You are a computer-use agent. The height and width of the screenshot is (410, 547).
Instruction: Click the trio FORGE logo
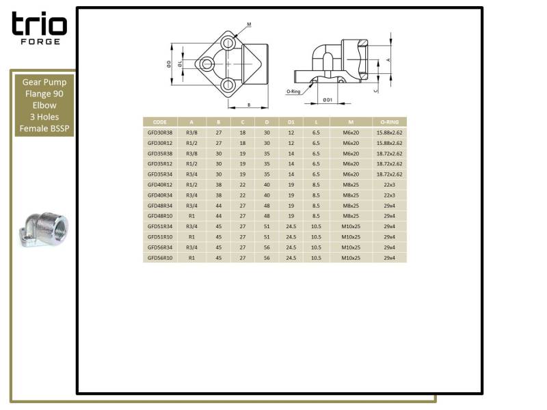pos(40,28)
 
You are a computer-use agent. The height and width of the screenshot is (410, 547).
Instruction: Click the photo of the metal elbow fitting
pos(44,230)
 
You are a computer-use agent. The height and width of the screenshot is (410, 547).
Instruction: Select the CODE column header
pos(160,122)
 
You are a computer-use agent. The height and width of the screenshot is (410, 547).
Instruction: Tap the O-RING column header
pos(389,122)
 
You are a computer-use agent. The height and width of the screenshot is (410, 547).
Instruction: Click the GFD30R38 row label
pos(160,133)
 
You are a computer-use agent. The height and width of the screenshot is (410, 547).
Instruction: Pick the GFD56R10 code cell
pos(160,258)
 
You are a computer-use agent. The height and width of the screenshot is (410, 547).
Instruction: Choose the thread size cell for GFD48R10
pos(191,216)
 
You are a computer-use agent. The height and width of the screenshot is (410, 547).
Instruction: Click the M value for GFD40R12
pos(351,184)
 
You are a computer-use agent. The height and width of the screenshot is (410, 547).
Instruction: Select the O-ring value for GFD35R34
pos(389,174)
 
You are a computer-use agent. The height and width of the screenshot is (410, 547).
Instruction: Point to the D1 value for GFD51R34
pos(291,226)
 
